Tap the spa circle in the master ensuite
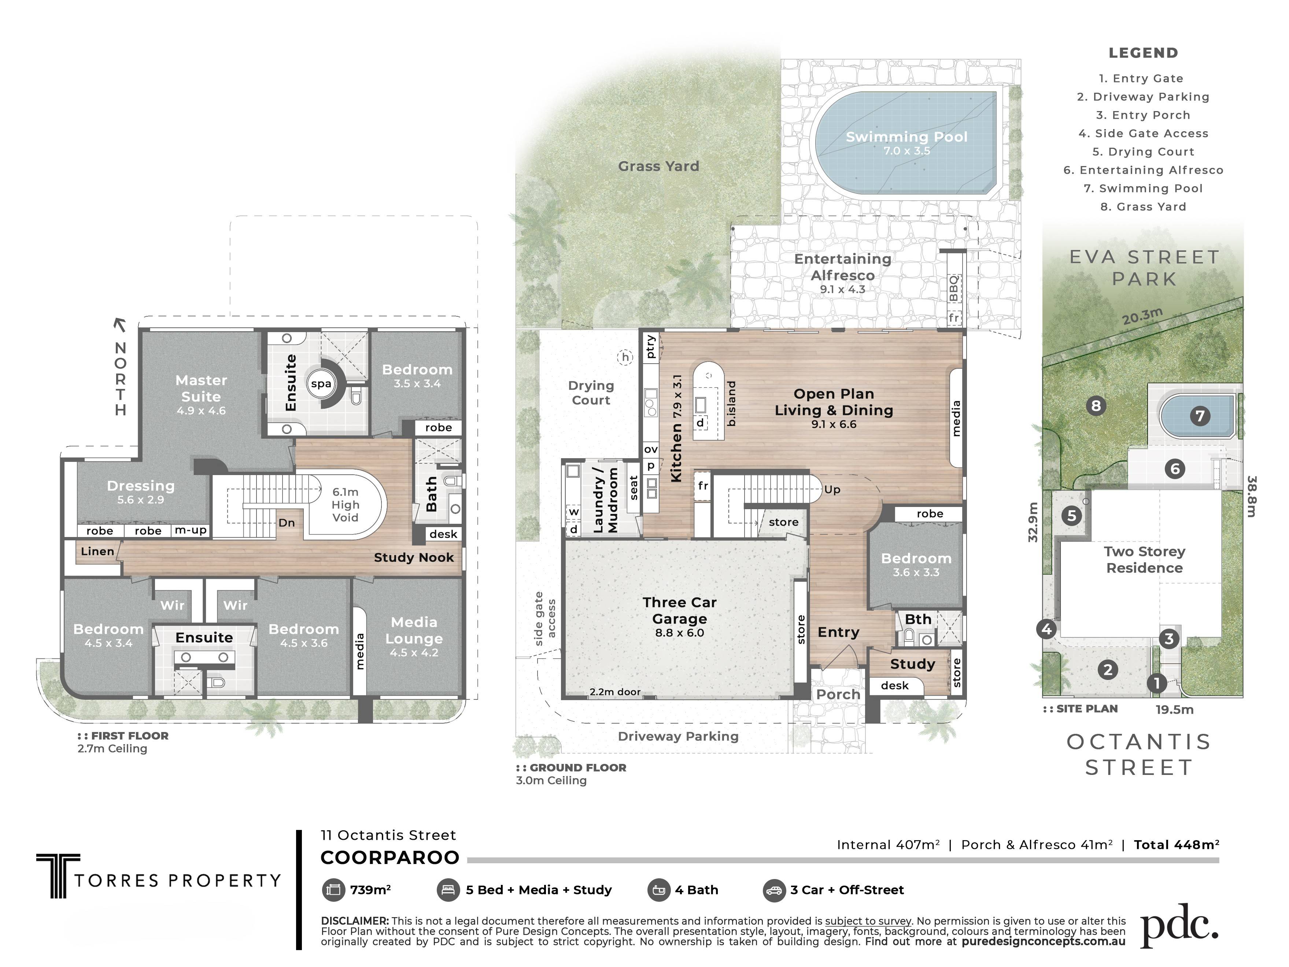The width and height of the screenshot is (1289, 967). click(321, 383)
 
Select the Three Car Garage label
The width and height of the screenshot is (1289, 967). click(679, 610)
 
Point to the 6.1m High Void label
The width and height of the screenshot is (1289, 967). click(346, 505)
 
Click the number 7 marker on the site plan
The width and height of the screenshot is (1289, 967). click(1200, 416)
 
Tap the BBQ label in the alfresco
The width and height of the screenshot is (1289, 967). click(953, 288)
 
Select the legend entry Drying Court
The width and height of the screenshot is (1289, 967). click(1143, 151)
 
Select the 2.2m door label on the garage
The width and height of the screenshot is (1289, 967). click(615, 692)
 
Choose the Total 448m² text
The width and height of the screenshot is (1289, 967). click(1177, 845)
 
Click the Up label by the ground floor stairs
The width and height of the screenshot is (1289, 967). click(832, 490)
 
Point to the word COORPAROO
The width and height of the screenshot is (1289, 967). click(390, 858)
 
